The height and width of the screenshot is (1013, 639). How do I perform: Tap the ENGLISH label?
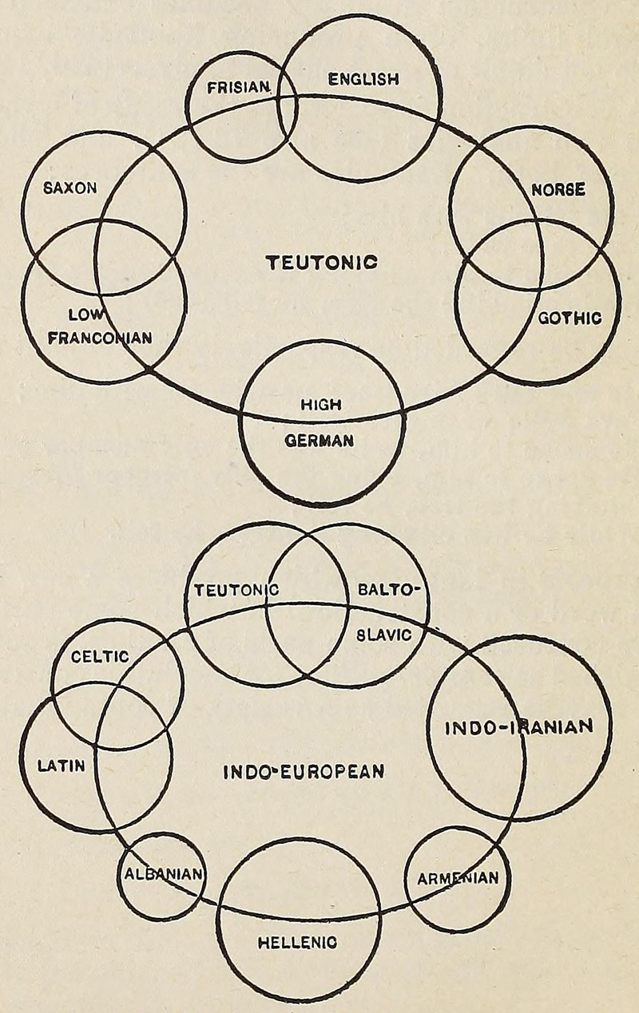click(363, 78)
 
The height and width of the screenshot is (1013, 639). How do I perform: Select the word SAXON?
click(70, 188)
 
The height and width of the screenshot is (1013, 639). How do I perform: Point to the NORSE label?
click(558, 190)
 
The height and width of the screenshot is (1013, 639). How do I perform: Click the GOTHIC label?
click(569, 318)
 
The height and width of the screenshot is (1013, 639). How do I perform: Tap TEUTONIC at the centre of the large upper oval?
click(321, 262)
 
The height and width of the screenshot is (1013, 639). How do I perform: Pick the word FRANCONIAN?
click(100, 338)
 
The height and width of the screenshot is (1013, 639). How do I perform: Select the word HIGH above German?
click(320, 405)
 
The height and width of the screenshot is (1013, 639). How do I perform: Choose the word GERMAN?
click(320, 441)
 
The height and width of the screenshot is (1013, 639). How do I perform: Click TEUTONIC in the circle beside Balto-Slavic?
click(236, 591)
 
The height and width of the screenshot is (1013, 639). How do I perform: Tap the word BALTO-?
click(388, 591)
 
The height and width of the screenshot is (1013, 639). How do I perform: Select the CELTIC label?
click(100, 656)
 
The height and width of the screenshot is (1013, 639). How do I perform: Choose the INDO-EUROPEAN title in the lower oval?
click(304, 772)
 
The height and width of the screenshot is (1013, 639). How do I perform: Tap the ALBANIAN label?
click(163, 873)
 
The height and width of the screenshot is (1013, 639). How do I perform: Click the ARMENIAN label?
click(458, 878)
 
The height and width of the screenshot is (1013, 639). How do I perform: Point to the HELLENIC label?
click(298, 942)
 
